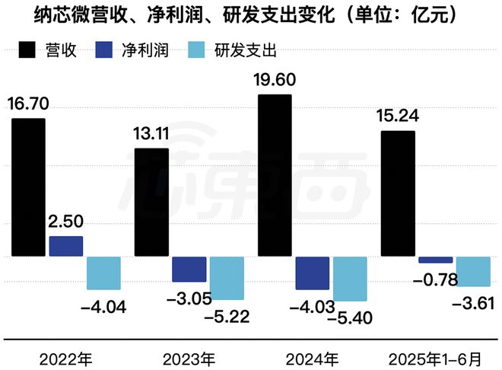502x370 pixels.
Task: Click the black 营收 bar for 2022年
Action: tap(29, 187)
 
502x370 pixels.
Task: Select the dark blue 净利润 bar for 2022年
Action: tap(66, 246)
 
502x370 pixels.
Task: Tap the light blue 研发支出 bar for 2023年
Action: tap(227, 277)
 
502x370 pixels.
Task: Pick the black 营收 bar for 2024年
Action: tap(274, 176)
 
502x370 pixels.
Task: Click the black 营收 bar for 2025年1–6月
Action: tap(397, 194)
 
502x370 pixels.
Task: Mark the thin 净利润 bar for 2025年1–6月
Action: tap(435, 260)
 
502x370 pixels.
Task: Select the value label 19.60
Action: tap(275, 79)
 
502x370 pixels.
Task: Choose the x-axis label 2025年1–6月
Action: tap(434, 356)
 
